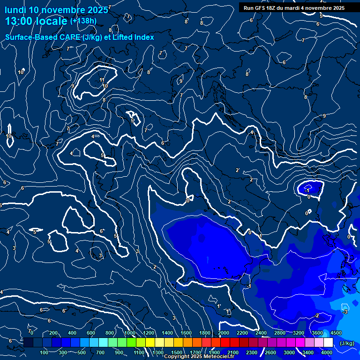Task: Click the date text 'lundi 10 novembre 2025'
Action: [x=51, y=9]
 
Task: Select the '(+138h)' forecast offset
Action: [x=83, y=21]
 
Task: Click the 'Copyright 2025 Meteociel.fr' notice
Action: [x=199, y=357]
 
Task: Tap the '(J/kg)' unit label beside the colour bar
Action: [x=347, y=343]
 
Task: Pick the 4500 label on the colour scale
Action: [x=336, y=333]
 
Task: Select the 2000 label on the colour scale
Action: [x=224, y=333]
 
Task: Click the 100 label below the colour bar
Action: [x=45, y=352]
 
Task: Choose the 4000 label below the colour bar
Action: [x=327, y=352]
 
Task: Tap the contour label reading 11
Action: [x=102, y=80]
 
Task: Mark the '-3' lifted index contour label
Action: [x=345, y=312]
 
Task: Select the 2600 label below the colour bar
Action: [x=270, y=352]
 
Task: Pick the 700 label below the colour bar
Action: [x=101, y=352]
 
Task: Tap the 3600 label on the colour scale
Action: [x=317, y=333]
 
